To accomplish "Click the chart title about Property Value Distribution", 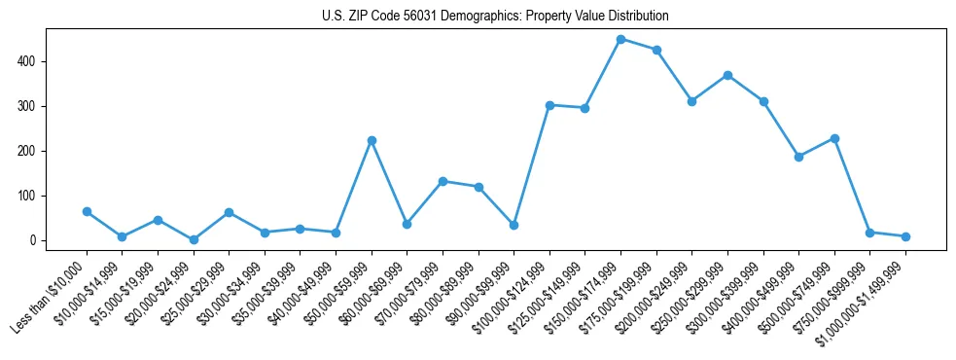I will tap(495, 17).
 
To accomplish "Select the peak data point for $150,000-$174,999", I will tap(620, 39).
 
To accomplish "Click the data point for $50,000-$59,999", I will tap(372, 140).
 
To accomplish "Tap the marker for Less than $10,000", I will tap(87, 211).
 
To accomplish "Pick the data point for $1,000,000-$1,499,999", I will tap(905, 236).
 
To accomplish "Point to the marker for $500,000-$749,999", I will tap(834, 138).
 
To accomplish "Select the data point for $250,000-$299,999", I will tap(727, 75).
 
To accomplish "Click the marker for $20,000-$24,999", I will tap(194, 239).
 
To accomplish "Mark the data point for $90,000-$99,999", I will tap(513, 225).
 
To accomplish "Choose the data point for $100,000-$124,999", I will tap(549, 105).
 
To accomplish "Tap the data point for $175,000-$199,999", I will tap(656, 50).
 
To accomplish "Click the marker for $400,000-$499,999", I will tap(798, 157).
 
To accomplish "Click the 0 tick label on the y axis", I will tap(33, 240).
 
